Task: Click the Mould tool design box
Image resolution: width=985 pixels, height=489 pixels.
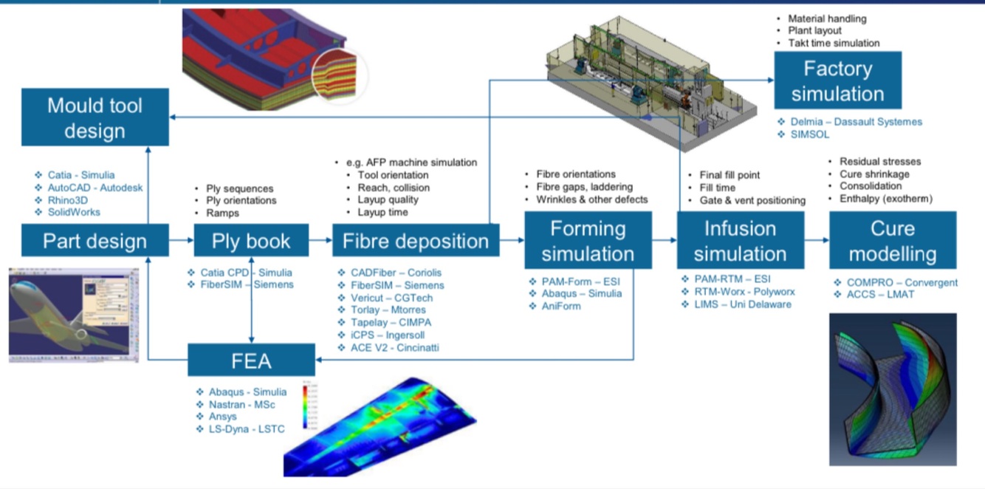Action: coord(95,117)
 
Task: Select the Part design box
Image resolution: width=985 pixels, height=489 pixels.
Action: coord(95,241)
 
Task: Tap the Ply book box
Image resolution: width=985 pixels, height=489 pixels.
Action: coord(251,241)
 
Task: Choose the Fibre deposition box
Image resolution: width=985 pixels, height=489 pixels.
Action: coord(416,241)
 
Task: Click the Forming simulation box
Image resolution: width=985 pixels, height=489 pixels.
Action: coord(588,241)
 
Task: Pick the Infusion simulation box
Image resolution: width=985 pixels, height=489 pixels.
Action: coord(740,241)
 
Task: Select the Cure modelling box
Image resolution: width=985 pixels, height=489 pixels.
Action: coord(893,241)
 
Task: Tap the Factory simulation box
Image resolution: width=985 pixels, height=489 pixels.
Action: coord(837,81)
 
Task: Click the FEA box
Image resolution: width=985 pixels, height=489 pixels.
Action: coord(251,361)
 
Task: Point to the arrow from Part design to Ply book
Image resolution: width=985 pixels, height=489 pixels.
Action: coord(181,240)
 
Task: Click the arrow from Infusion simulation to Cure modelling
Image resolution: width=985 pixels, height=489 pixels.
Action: coord(817,240)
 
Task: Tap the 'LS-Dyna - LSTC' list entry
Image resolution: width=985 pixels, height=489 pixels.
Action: coord(246,429)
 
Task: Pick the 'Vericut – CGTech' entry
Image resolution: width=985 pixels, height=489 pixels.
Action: coord(391,298)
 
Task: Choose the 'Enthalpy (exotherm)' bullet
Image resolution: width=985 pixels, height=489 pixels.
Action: coord(885,199)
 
